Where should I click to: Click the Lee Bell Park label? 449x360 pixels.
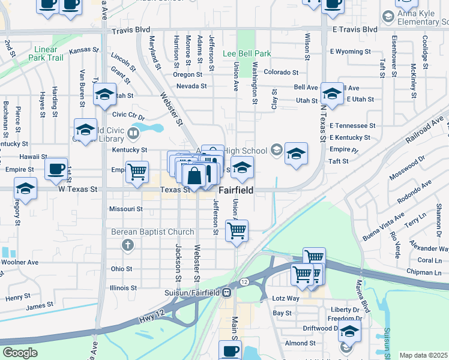(x=247, y=53)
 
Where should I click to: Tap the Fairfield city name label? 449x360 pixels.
(x=235, y=190)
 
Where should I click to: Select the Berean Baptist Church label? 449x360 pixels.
(x=152, y=232)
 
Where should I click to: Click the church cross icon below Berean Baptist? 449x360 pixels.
(x=127, y=245)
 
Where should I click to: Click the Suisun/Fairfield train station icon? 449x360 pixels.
(x=227, y=293)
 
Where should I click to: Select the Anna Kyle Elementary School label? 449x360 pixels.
(x=418, y=17)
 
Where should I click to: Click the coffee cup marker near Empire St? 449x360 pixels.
(x=56, y=170)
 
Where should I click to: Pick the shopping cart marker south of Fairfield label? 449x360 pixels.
(x=237, y=230)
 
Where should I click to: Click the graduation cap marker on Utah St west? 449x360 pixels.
(x=104, y=94)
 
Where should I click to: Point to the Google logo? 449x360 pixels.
(x=20, y=353)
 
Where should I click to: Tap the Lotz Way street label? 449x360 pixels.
(x=286, y=298)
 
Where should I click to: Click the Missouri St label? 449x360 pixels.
(x=125, y=209)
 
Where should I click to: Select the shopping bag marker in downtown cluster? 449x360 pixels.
(x=194, y=176)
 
